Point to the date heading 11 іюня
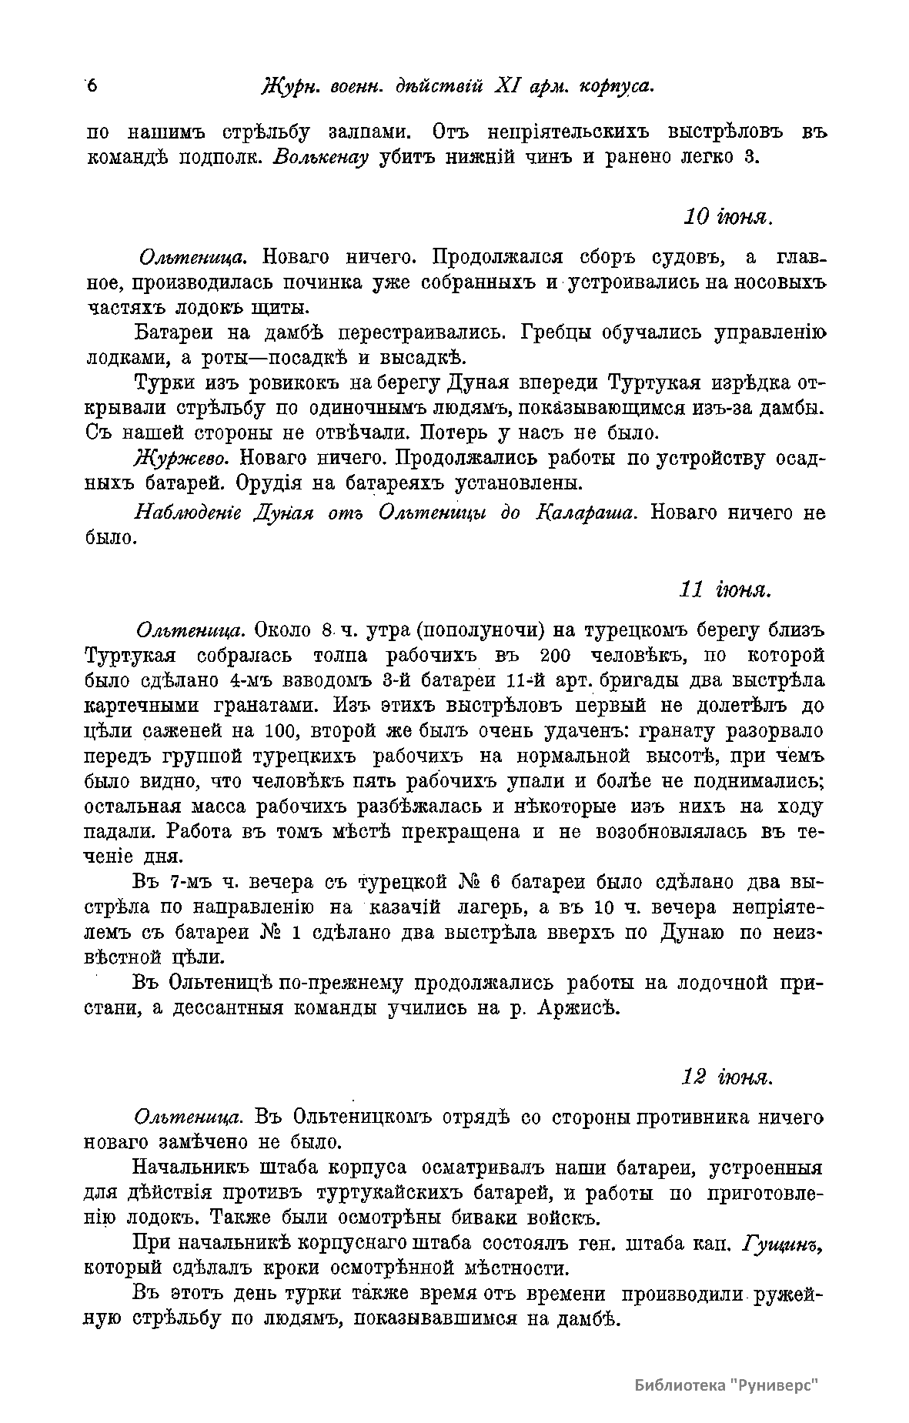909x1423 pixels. (724, 590)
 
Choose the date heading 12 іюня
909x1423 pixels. (726, 1077)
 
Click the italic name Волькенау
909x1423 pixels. (321, 159)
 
